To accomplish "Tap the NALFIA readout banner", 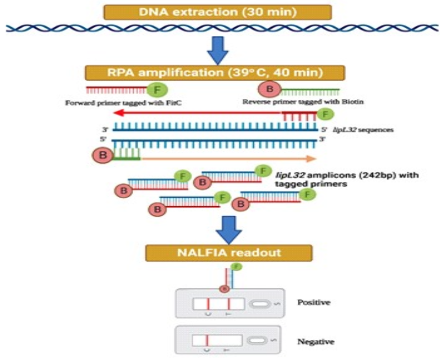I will [229, 252].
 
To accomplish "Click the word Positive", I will [314, 303].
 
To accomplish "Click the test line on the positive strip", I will [229, 304].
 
